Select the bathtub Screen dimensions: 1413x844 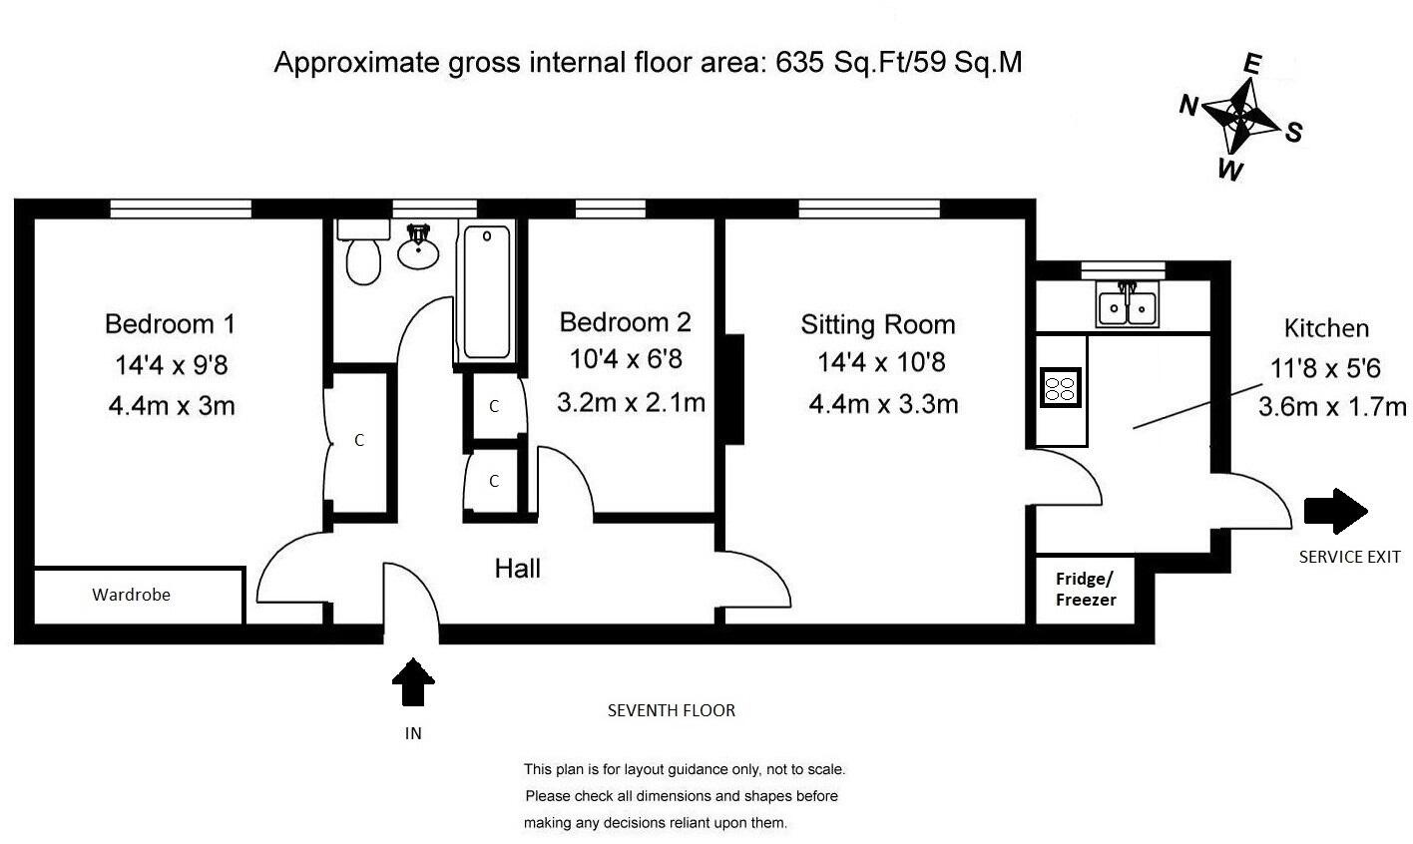coord(486,292)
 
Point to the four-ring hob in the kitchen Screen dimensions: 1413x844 coord(1060,387)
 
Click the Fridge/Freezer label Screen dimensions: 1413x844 coord(1086,590)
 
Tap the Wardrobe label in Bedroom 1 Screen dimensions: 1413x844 coord(131,595)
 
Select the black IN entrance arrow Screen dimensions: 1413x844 coord(413,681)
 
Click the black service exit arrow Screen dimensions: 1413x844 coord(1335,511)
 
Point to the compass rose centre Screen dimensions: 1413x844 coord(1240,116)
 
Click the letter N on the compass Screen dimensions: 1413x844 coord(1189,105)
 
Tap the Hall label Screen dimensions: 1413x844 coord(517,569)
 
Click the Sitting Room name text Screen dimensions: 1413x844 coord(878,325)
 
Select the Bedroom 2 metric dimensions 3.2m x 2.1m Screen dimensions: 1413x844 coord(631,402)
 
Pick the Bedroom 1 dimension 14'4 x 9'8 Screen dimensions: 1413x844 coord(171,365)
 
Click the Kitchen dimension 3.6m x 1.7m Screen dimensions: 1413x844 coord(1332,407)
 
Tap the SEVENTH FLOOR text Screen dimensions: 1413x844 coord(672,710)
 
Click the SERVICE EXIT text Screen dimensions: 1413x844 coord(1350,557)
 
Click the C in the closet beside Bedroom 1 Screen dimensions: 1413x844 coord(359,440)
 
